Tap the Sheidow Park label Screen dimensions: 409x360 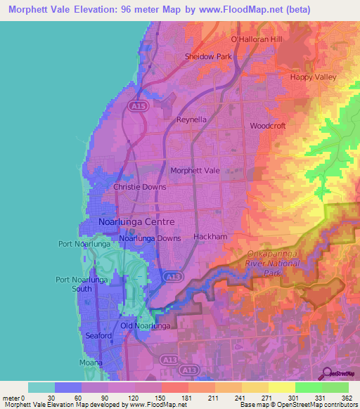[207, 56]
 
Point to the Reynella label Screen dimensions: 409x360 [191, 119]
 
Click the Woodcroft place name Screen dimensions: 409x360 [266, 126]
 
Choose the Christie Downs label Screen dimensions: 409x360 [140, 188]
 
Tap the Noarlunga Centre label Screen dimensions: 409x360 [131, 222]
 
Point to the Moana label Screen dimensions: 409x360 [90, 363]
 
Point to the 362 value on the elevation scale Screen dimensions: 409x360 [345, 398]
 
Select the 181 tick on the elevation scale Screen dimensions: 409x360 [167, 398]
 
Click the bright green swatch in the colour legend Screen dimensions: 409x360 [308, 387]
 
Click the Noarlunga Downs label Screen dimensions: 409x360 [150, 238]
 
